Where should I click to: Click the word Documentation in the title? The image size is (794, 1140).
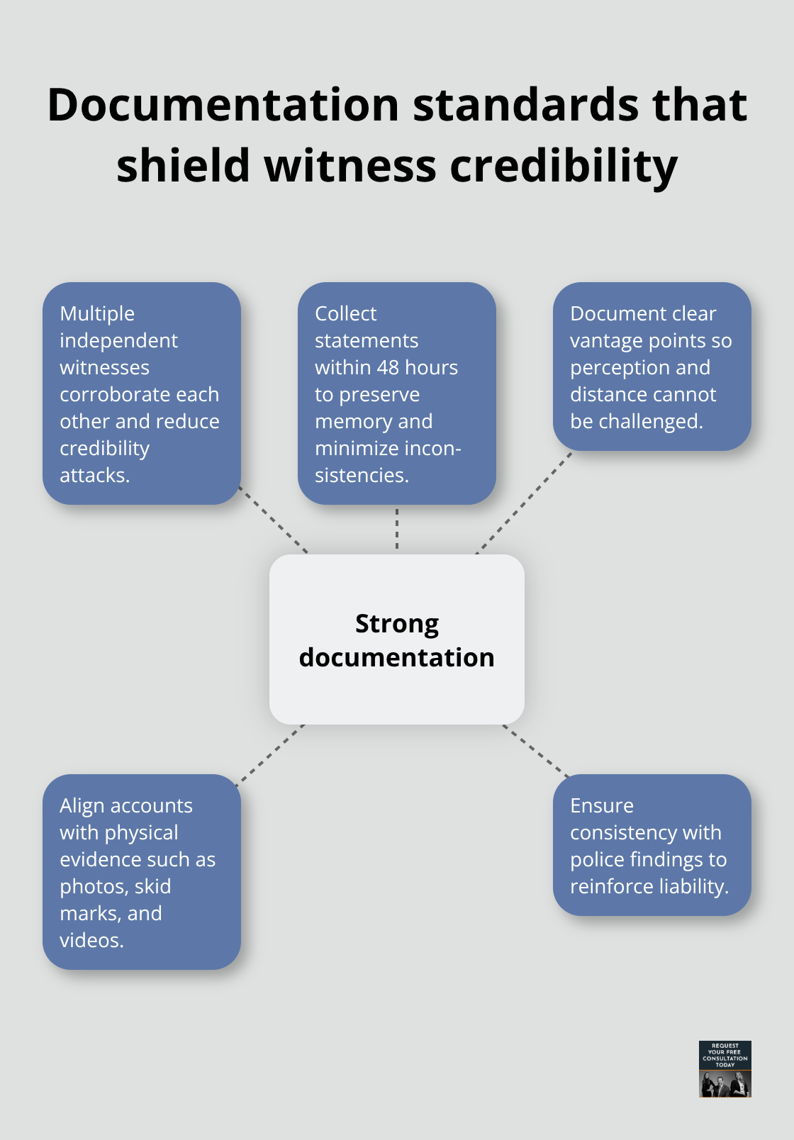(x=223, y=105)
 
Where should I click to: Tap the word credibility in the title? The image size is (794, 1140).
(x=564, y=166)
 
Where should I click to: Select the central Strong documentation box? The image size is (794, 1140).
(x=397, y=639)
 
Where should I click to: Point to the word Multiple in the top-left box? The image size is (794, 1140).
(x=97, y=313)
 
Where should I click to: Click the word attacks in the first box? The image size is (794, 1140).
(x=94, y=475)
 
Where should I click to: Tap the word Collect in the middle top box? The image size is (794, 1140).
(x=345, y=313)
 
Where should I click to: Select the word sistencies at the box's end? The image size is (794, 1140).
(x=361, y=475)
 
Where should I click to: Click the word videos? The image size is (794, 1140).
(x=91, y=940)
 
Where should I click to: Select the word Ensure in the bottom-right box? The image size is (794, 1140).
(x=601, y=805)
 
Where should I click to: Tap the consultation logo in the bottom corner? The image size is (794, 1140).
(x=725, y=1068)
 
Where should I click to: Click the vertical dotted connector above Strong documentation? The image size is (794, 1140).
(x=397, y=529)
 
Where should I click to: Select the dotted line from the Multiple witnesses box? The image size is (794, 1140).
(x=273, y=520)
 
